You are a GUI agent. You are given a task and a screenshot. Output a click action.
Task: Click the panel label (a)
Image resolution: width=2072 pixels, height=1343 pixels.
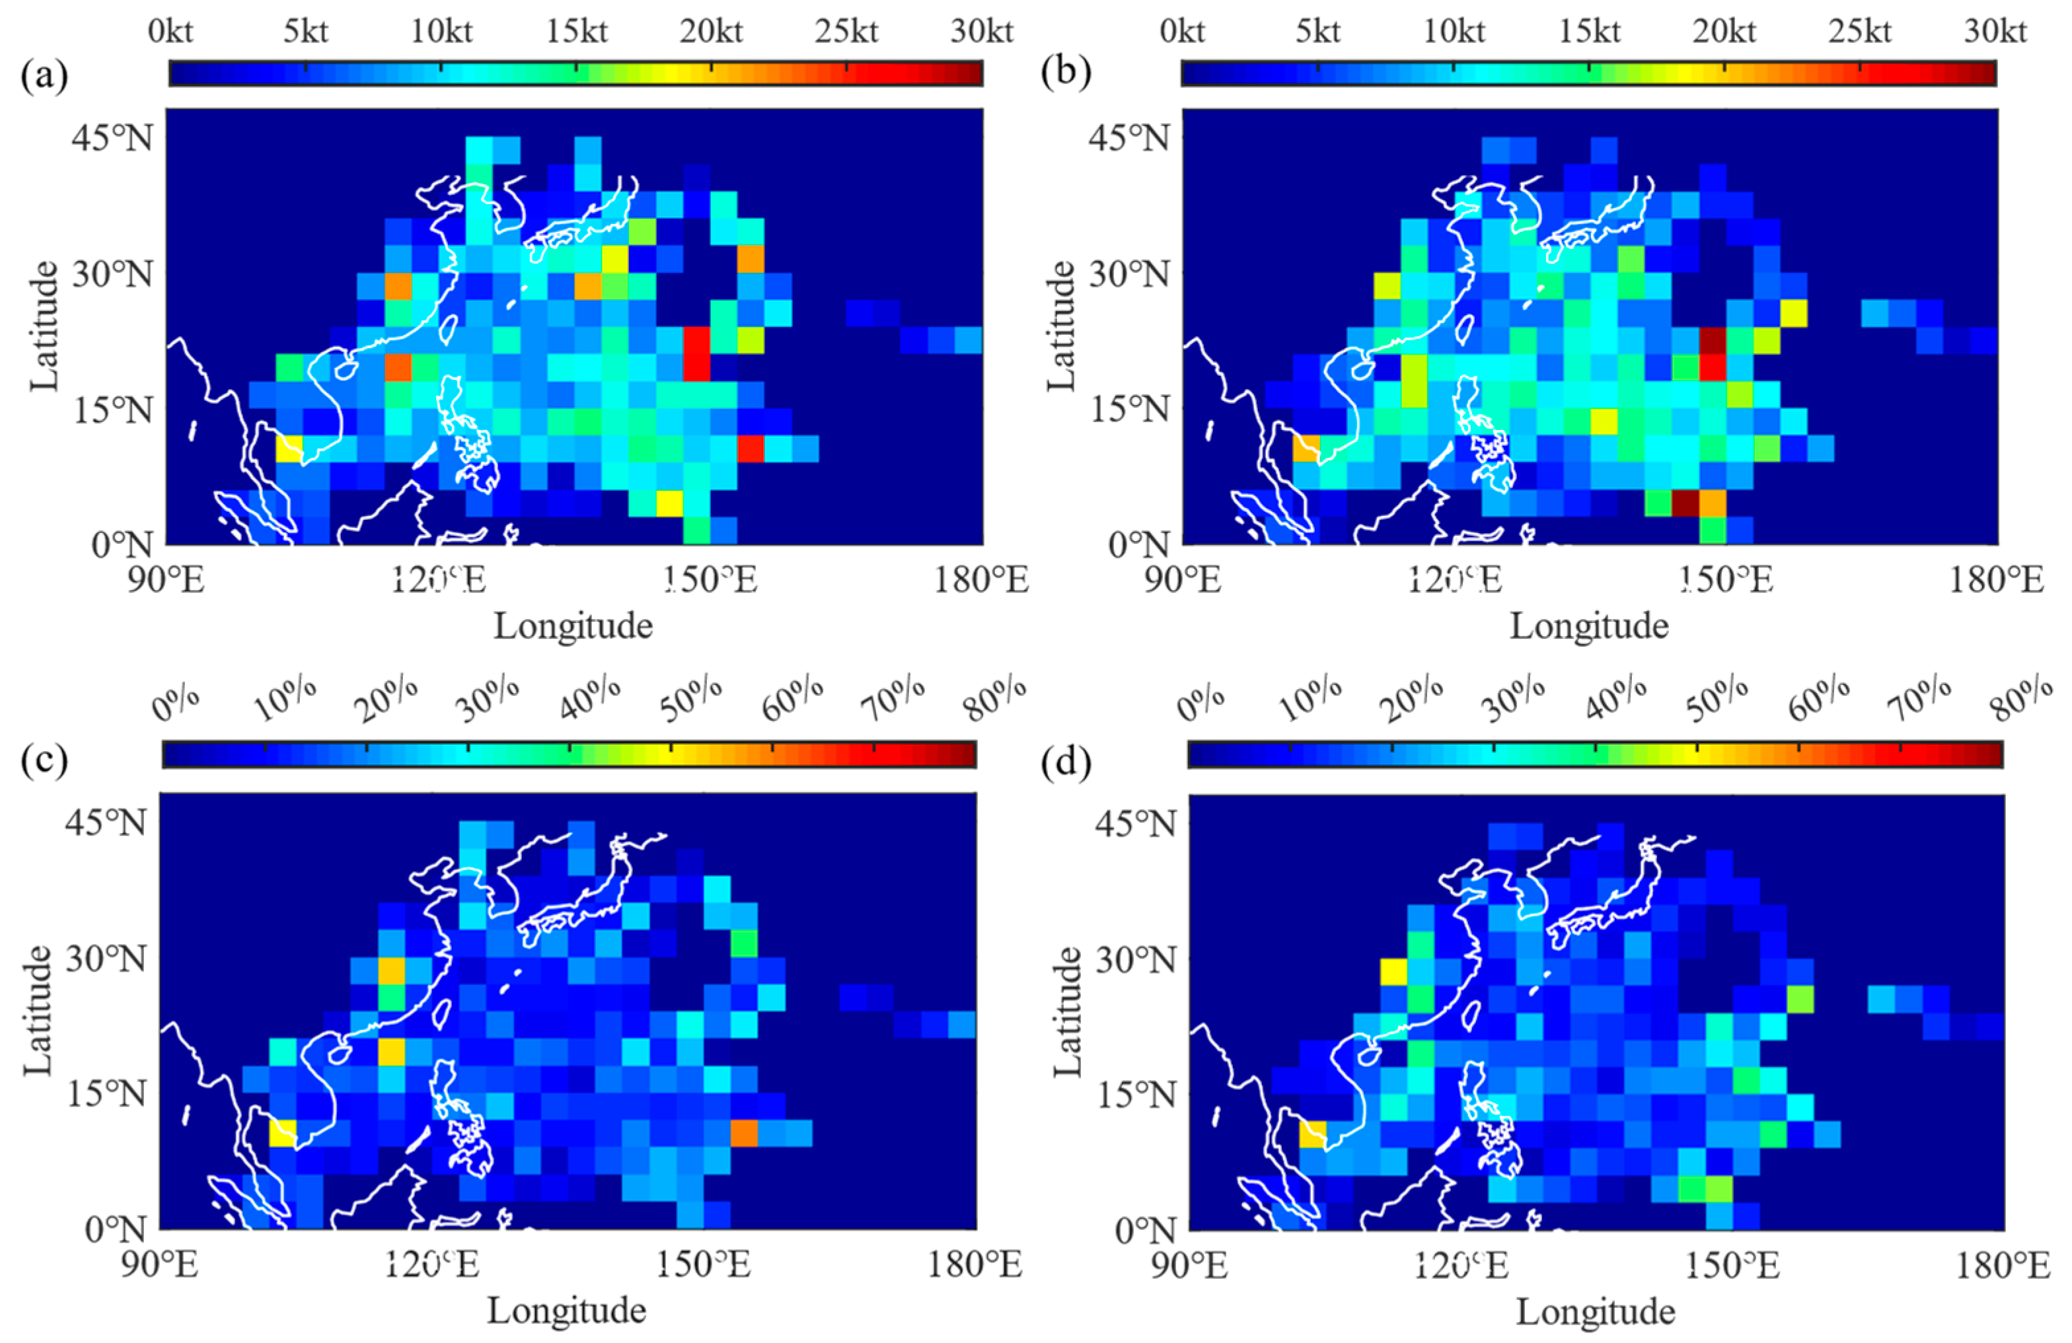pos(44,76)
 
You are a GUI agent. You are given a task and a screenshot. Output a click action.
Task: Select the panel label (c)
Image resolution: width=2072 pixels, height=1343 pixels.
pos(44,761)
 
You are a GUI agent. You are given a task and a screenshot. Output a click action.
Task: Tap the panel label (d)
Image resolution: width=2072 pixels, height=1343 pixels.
pos(1066,762)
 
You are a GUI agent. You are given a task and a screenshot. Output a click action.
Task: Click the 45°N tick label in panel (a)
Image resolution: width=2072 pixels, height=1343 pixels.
pos(112,137)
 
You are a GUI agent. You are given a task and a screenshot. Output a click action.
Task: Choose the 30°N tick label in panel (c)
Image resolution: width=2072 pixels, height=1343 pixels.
pos(105,959)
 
